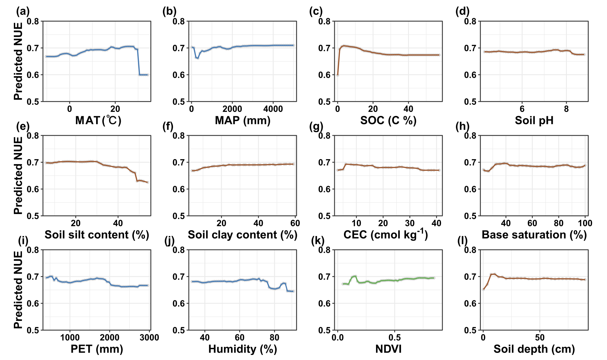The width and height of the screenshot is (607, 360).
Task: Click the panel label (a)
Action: point(23,11)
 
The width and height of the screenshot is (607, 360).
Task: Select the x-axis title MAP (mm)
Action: point(242,120)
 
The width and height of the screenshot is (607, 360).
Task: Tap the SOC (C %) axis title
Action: point(388,120)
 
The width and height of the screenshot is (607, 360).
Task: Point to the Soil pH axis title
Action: point(534,120)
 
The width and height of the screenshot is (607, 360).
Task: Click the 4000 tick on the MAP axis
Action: point(273,109)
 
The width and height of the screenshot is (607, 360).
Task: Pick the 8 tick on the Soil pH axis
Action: point(566,109)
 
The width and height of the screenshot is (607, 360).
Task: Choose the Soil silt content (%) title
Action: point(97,235)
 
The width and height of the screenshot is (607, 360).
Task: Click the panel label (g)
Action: point(316,126)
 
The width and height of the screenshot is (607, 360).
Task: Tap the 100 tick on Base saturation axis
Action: point(585,223)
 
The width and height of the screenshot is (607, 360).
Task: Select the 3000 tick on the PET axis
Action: point(149,337)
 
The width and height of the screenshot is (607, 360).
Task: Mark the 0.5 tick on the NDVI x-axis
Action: point(395,337)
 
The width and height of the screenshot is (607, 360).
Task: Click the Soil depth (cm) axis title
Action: point(534,349)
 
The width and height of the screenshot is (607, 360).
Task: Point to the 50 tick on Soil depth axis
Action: point(540,337)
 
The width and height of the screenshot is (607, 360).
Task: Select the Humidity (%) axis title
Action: point(242,349)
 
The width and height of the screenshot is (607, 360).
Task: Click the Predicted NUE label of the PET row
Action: point(18,290)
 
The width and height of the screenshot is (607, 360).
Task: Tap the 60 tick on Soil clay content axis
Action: point(295,223)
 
